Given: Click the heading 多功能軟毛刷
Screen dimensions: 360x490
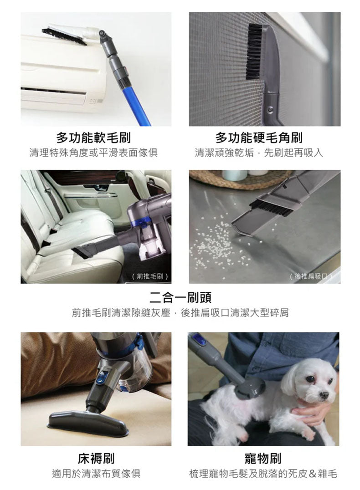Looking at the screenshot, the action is pyautogui.click(x=93, y=138).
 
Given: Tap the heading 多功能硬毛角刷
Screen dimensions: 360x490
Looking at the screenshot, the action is pyautogui.click(x=259, y=138).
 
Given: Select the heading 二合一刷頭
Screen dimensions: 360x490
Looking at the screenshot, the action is pyautogui.click(x=180, y=297).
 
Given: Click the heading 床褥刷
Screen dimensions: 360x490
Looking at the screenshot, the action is pyautogui.click(x=96, y=458).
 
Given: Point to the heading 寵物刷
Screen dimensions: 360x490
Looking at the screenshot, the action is pyautogui.click(x=263, y=458).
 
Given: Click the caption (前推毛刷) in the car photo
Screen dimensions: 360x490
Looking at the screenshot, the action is pyautogui.click(x=150, y=276).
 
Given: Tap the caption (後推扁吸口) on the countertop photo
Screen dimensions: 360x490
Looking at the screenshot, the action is pyautogui.click(x=311, y=276).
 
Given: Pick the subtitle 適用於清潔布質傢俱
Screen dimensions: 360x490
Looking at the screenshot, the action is pyautogui.click(x=96, y=474).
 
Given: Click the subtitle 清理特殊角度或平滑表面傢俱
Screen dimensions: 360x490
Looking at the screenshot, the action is pyautogui.click(x=93, y=153).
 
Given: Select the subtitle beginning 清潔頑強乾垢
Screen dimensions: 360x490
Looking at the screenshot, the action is pyautogui.click(x=259, y=153).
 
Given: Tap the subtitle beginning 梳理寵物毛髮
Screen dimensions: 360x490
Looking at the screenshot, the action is pyautogui.click(x=263, y=474).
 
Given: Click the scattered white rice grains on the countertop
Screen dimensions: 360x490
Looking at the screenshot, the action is pyautogui.click(x=216, y=242).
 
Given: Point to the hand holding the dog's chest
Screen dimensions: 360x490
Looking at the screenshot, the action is pyautogui.click(x=308, y=413).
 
